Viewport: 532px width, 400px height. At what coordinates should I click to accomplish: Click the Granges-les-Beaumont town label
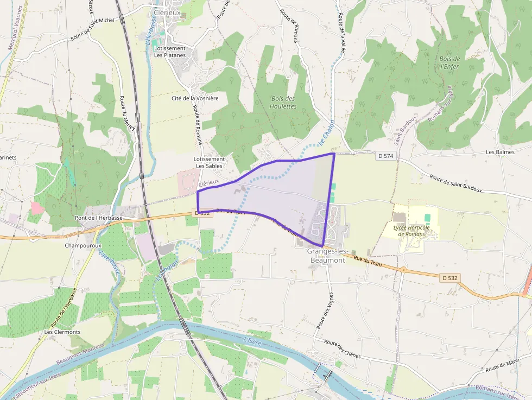326,256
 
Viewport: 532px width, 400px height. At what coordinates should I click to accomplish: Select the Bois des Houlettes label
283,102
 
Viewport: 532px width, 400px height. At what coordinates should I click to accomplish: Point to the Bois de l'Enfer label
449,62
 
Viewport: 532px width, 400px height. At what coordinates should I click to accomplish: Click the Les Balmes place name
500,153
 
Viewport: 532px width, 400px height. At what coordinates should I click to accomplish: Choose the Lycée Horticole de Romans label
412,231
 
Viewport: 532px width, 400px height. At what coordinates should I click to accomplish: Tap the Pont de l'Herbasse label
98,218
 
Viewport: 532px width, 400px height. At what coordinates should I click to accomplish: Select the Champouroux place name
80,245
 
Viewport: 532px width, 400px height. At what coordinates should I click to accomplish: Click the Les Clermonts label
62,332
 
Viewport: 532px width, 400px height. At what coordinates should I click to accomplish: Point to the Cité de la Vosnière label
195,98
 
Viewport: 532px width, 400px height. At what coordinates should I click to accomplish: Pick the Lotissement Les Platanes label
170,52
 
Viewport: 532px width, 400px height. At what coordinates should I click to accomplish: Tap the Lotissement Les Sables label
210,162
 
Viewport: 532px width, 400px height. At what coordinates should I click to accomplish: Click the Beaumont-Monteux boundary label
81,357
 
